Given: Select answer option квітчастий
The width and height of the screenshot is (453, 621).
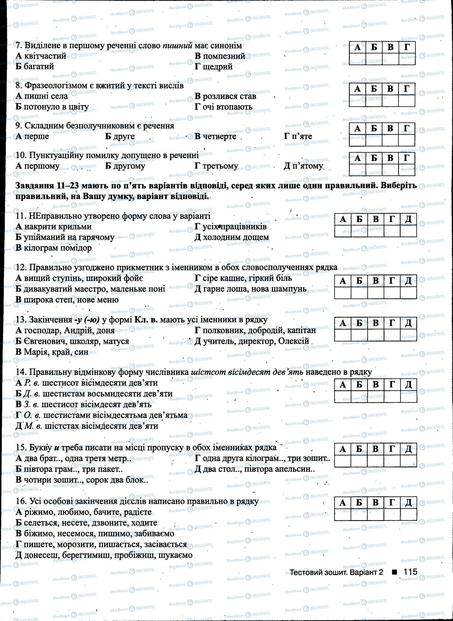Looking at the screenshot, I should point(45,56).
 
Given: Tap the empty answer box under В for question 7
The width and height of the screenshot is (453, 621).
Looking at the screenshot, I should point(390,59).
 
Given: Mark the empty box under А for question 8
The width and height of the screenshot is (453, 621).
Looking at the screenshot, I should point(357,101).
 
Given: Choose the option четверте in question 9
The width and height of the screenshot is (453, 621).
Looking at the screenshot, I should point(219,136).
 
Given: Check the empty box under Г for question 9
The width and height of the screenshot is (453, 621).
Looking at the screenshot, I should point(406,140).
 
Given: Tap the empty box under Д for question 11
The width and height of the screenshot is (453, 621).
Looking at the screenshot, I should point(408,231).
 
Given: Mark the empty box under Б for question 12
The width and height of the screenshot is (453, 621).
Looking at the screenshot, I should point(359,292).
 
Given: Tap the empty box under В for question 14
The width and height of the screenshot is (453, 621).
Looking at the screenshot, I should point(375,397).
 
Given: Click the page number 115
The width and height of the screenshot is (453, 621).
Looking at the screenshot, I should point(410,572).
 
